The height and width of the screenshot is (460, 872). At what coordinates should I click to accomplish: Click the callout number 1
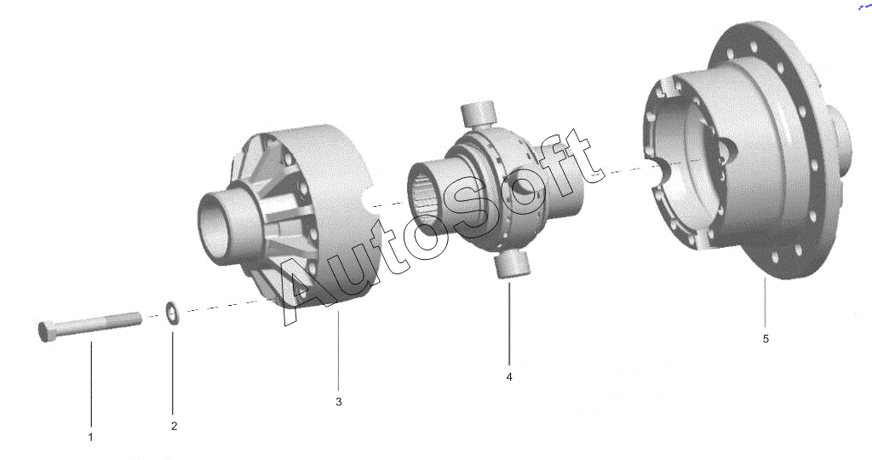(x=90, y=437)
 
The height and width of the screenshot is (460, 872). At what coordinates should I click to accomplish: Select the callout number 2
(x=174, y=426)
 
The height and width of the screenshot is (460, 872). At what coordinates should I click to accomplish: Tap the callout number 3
(x=339, y=401)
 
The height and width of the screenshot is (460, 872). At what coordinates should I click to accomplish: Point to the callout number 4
(x=509, y=377)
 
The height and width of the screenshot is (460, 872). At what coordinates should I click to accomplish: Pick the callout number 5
(x=766, y=338)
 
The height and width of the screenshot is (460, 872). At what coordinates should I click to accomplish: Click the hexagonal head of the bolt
(x=46, y=331)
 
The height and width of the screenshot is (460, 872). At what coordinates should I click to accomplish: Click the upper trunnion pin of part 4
(x=479, y=113)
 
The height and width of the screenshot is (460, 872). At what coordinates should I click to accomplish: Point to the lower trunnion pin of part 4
(x=510, y=264)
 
